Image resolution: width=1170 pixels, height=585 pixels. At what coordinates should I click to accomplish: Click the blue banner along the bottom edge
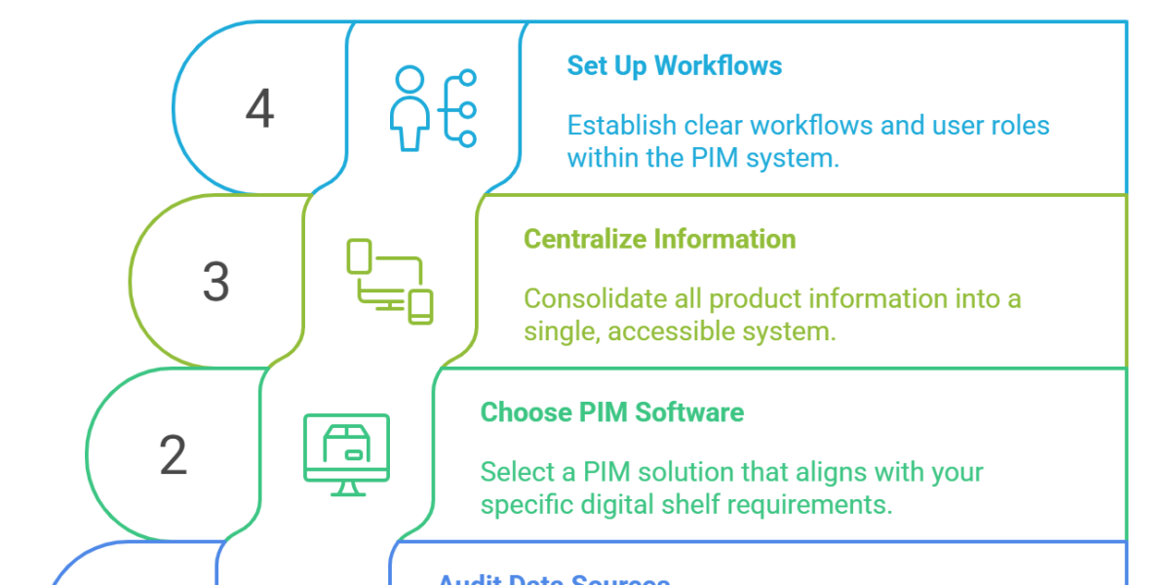(x=760, y=564)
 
